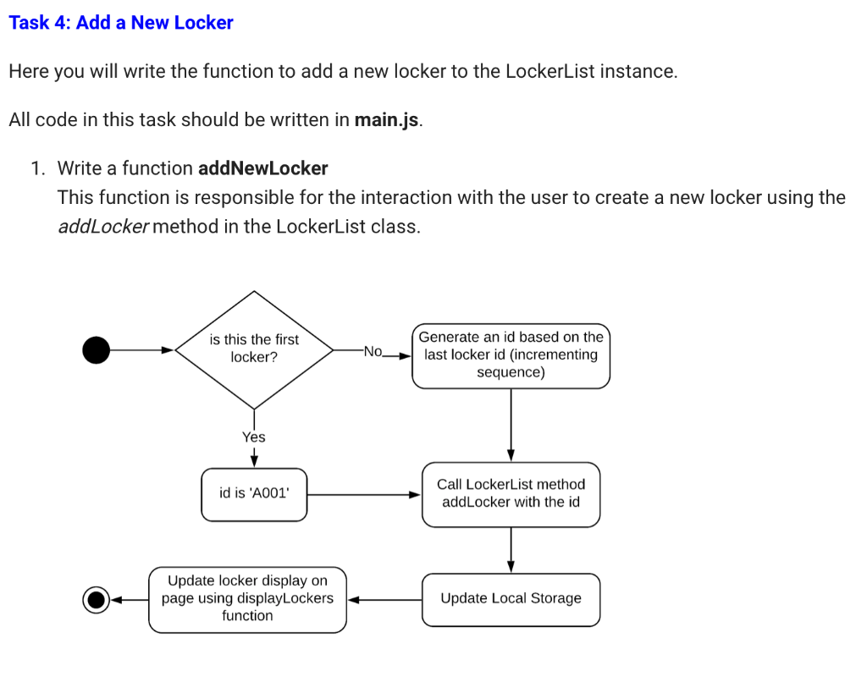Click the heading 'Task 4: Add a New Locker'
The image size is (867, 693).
(x=121, y=23)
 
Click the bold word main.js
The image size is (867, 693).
(x=387, y=119)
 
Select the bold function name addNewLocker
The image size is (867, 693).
(x=262, y=168)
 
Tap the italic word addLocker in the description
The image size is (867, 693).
(x=102, y=227)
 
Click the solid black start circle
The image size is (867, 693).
(x=97, y=349)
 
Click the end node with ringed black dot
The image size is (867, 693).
(x=97, y=600)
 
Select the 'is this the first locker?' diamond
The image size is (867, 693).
(x=254, y=349)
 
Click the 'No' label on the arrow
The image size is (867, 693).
(x=373, y=351)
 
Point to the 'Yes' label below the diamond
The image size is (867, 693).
(x=253, y=437)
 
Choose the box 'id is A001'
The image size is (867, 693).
(x=254, y=494)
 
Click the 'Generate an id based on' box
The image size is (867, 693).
(x=511, y=355)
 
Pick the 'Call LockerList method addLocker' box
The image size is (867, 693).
(x=511, y=494)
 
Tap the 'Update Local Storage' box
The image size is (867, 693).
(x=511, y=599)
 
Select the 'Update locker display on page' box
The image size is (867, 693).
(x=247, y=599)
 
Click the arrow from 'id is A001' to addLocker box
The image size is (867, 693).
(x=364, y=494)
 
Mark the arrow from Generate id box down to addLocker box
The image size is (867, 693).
(x=511, y=425)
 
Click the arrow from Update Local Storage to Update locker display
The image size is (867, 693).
(x=384, y=600)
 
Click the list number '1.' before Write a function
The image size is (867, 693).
(x=38, y=168)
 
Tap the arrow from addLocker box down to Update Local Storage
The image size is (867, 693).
(x=511, y=550)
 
